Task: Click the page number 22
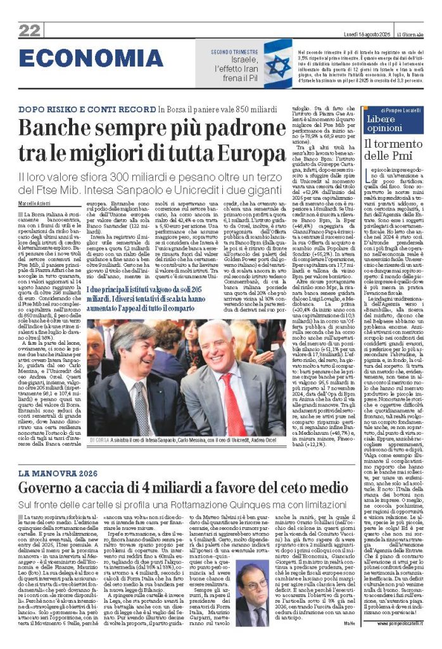pyautogui.click(x=29, y=30)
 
